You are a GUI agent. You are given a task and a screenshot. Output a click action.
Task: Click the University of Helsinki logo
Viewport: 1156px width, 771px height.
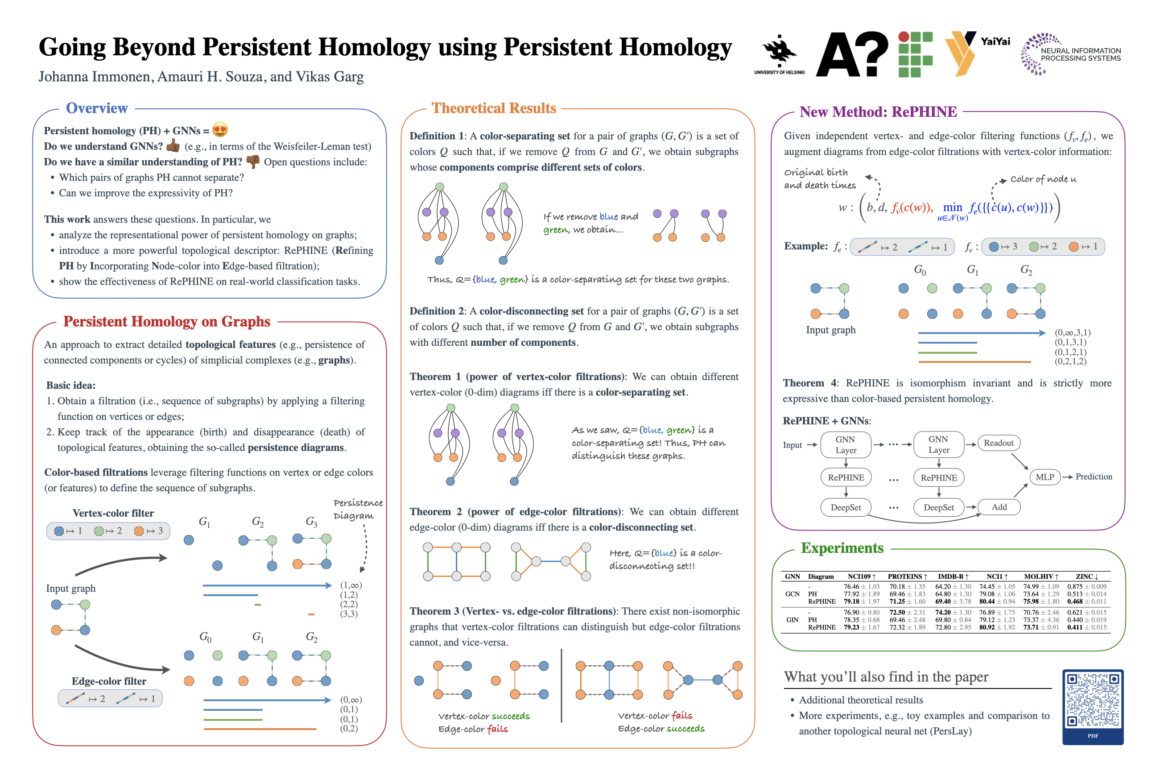click(x=779, y=54)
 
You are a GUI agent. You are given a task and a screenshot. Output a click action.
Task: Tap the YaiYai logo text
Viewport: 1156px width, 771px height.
click(x=995, y=42)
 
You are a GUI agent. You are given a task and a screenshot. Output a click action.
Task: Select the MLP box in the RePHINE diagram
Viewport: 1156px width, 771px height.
click(x=1045, y=477)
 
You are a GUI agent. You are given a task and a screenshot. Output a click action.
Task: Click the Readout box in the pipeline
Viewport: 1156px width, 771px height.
click(x=998, y=443)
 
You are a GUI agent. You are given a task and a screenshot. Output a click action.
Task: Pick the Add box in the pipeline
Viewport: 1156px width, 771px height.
click(x=998, y=507)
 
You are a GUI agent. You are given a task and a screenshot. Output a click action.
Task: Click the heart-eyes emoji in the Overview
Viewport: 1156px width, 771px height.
click(x=220, y=130)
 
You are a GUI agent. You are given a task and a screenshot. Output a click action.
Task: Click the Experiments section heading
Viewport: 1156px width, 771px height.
click(x=842, y=548)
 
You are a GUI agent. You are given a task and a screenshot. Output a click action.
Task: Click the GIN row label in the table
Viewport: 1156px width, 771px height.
click(x=792, y=620)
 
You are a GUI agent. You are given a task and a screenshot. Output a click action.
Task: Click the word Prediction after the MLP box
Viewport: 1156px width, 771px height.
click(x=1093, y=477)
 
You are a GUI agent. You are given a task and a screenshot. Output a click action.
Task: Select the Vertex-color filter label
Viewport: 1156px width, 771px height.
click(x=113, y=513)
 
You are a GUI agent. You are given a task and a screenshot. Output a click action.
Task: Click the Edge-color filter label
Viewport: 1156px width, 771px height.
click(x=109, y=681)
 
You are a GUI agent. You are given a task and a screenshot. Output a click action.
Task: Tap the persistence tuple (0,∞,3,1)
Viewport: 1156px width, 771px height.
click(x=1072, y=332)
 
